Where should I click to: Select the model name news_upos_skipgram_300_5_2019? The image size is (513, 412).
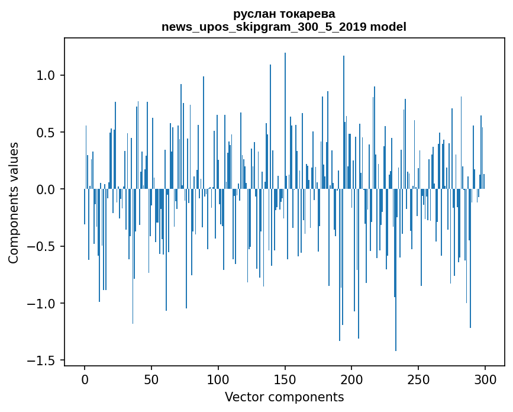pos(264,27)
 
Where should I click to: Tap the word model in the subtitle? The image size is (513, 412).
pos(388,27)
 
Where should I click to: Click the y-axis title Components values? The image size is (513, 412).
pos(14,203)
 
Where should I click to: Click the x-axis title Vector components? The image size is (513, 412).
pos(284,397)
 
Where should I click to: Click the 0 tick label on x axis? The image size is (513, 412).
pos(85,380)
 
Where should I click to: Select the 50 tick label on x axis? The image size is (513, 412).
pos(151,380)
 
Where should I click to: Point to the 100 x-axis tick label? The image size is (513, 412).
pos(218,380)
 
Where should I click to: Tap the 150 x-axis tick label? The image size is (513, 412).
pos(285,380)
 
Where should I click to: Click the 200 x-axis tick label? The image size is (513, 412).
pos(351,380)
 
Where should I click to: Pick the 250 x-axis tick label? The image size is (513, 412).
pos(418,380)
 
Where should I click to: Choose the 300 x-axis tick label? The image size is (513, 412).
pos(485,380)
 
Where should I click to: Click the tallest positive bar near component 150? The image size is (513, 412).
pos(285,121)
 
